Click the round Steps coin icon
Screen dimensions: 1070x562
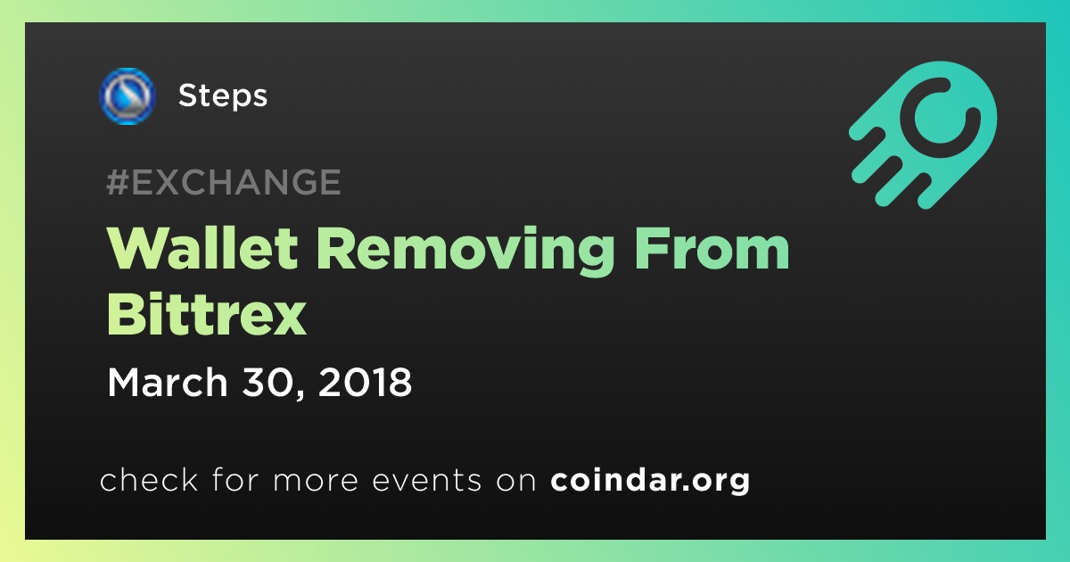click(x=127, y=96)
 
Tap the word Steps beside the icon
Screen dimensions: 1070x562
click(x=223, y=96)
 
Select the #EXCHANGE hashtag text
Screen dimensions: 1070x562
click(x=224, y=182)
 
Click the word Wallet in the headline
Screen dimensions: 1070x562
click(x=203, y=249)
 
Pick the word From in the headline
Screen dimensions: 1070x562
click(x=712, y=249)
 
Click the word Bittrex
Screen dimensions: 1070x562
click(x=206, y=314)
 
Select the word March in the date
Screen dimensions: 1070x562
click(x=168, y=382)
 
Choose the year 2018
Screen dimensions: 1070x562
click(x=365, y=382)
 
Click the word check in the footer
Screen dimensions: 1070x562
click(x=149, y=480)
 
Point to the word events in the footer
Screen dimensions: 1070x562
click(x=426, y=481)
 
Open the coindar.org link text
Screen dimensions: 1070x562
click(x=650, y=481)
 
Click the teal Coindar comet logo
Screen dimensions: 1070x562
click(x=923, y=135)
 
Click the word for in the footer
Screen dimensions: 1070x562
click(x=235, y=480)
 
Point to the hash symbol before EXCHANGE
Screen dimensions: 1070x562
click(x=118, y=182)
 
